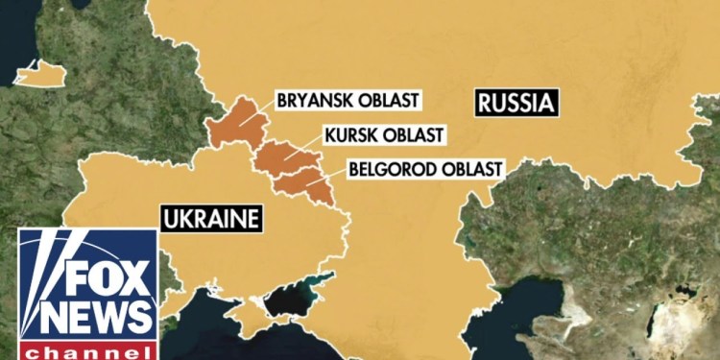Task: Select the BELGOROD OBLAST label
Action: [x=424, y=169]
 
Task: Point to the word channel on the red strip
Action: [x=87, y=349]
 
